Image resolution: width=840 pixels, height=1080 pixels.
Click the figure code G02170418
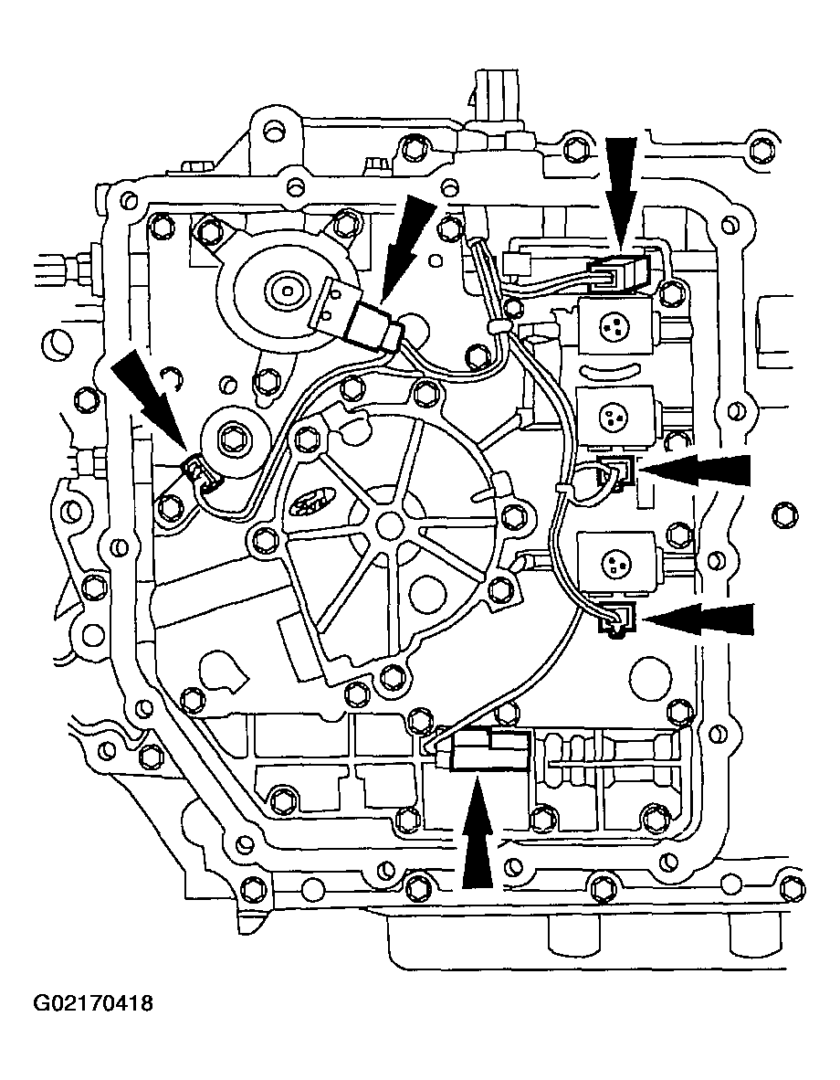coord(94,1004)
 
